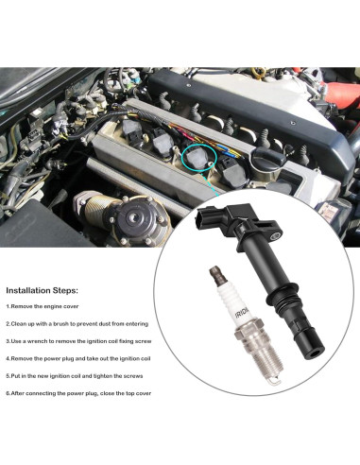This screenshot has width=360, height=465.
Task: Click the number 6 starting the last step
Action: point(8,392)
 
